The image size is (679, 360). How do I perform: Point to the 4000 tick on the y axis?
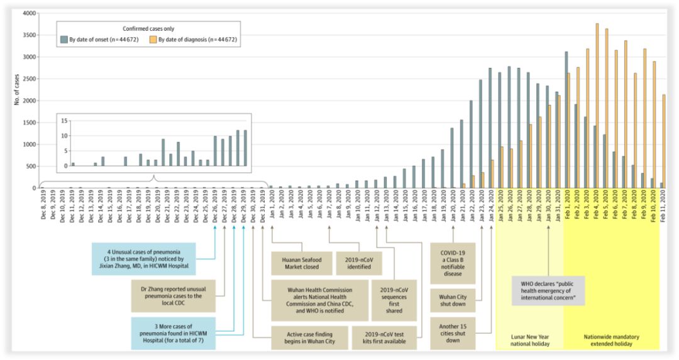click(x=28, y=13)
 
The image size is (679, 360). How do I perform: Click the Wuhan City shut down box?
click(x=452, y=300)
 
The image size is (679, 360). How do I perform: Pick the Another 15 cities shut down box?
click(x=452, y=334)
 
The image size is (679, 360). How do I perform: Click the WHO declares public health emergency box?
click(x=548, y=290)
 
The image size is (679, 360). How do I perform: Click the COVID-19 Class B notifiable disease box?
click(x=452, y=263)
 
